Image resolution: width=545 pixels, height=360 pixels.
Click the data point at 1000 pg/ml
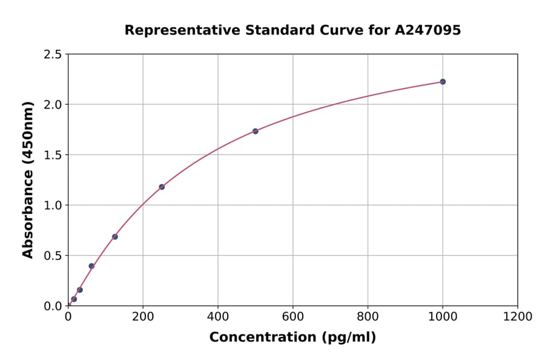[443, 82]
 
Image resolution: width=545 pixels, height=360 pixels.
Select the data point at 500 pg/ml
[256, 131]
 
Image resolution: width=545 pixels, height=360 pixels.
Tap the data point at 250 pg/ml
[162, 187]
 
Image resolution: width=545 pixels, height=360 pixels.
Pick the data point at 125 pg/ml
[115, 236]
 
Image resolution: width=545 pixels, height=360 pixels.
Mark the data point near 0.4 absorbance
[91, 266]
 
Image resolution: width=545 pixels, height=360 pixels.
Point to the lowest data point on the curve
[74, 299]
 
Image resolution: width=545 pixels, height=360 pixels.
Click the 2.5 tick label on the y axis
[53, 55]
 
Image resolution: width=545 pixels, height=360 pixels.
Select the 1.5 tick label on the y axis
[53, 155]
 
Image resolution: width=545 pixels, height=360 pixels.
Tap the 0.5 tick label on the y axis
[53, 256]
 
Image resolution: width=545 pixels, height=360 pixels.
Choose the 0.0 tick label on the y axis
[53, 306]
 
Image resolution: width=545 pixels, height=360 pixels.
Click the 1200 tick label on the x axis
[518, 317]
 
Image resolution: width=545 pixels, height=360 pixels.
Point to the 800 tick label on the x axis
[368, 317]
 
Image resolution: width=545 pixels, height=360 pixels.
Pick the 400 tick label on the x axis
[218, 317]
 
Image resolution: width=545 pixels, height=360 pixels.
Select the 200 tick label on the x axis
[143, 317]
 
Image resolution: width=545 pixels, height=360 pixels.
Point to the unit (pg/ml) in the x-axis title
[349, 338]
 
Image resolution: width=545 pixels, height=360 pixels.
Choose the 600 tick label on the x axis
[293, 317]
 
